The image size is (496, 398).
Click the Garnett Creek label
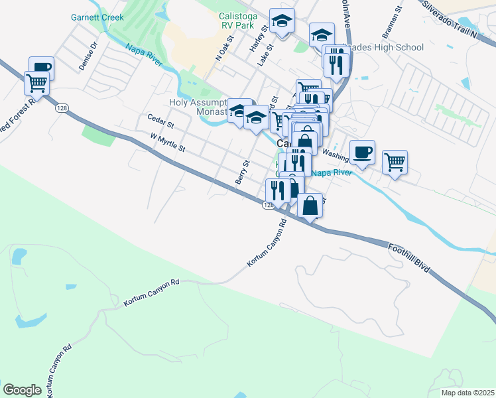coord(97,18)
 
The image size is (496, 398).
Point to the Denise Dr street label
coord(88,56)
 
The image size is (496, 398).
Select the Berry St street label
coord(241,172)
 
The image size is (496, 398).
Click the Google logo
coord(22,390)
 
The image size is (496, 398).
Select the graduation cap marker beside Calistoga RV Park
coord(282,21)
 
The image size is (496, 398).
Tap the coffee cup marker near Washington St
coord(362,152)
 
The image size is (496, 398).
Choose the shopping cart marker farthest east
coord(395,161)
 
